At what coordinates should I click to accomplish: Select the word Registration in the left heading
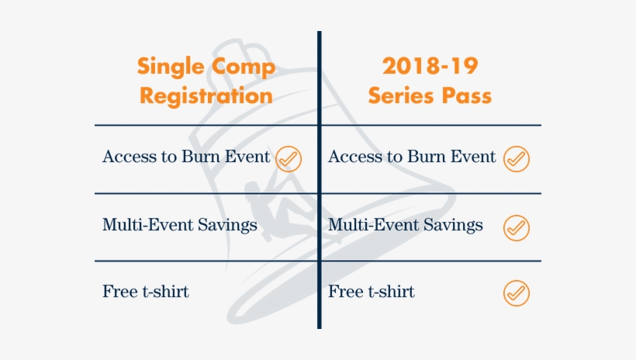pos(206,96)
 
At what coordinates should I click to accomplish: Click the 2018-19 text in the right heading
pos(429,67)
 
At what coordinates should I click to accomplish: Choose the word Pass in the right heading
pos(466,96)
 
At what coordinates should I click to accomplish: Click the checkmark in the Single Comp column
pos(289,158)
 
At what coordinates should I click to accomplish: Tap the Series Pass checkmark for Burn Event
pos(516,158)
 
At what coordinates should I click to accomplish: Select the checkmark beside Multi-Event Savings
pos(516,227)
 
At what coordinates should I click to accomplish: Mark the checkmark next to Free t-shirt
pos(516,293)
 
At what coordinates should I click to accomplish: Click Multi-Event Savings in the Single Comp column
pos(179,225)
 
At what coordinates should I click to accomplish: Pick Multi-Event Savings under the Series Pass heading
pos(405,225)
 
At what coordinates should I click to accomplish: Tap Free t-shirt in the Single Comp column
pos(146,292)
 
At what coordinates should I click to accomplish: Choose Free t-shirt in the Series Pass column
pos(372,292)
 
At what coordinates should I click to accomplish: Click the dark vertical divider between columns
pos(319,233)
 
